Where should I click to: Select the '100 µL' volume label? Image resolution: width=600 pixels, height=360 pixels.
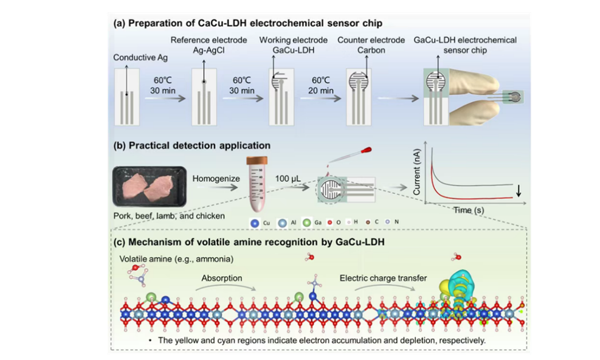pyautogui.click(x=290, y=178)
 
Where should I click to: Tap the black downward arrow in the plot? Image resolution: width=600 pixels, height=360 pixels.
pyautogui.click(x=518, y=192)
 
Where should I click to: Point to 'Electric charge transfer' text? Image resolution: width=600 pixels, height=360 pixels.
pyautogui.click(x=383, y=279)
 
